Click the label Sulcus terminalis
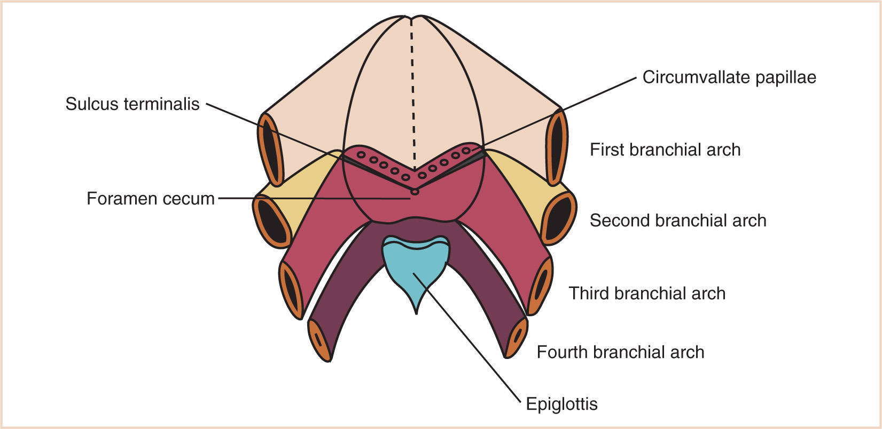132,104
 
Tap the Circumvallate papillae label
729,77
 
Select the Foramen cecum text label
150,199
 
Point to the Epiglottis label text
561,403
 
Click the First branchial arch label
665,150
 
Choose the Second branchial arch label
678,220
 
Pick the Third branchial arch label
647,293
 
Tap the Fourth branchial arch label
620,352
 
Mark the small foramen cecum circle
415,191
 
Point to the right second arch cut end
558,217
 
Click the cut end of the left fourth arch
320,339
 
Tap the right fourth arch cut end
516,337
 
